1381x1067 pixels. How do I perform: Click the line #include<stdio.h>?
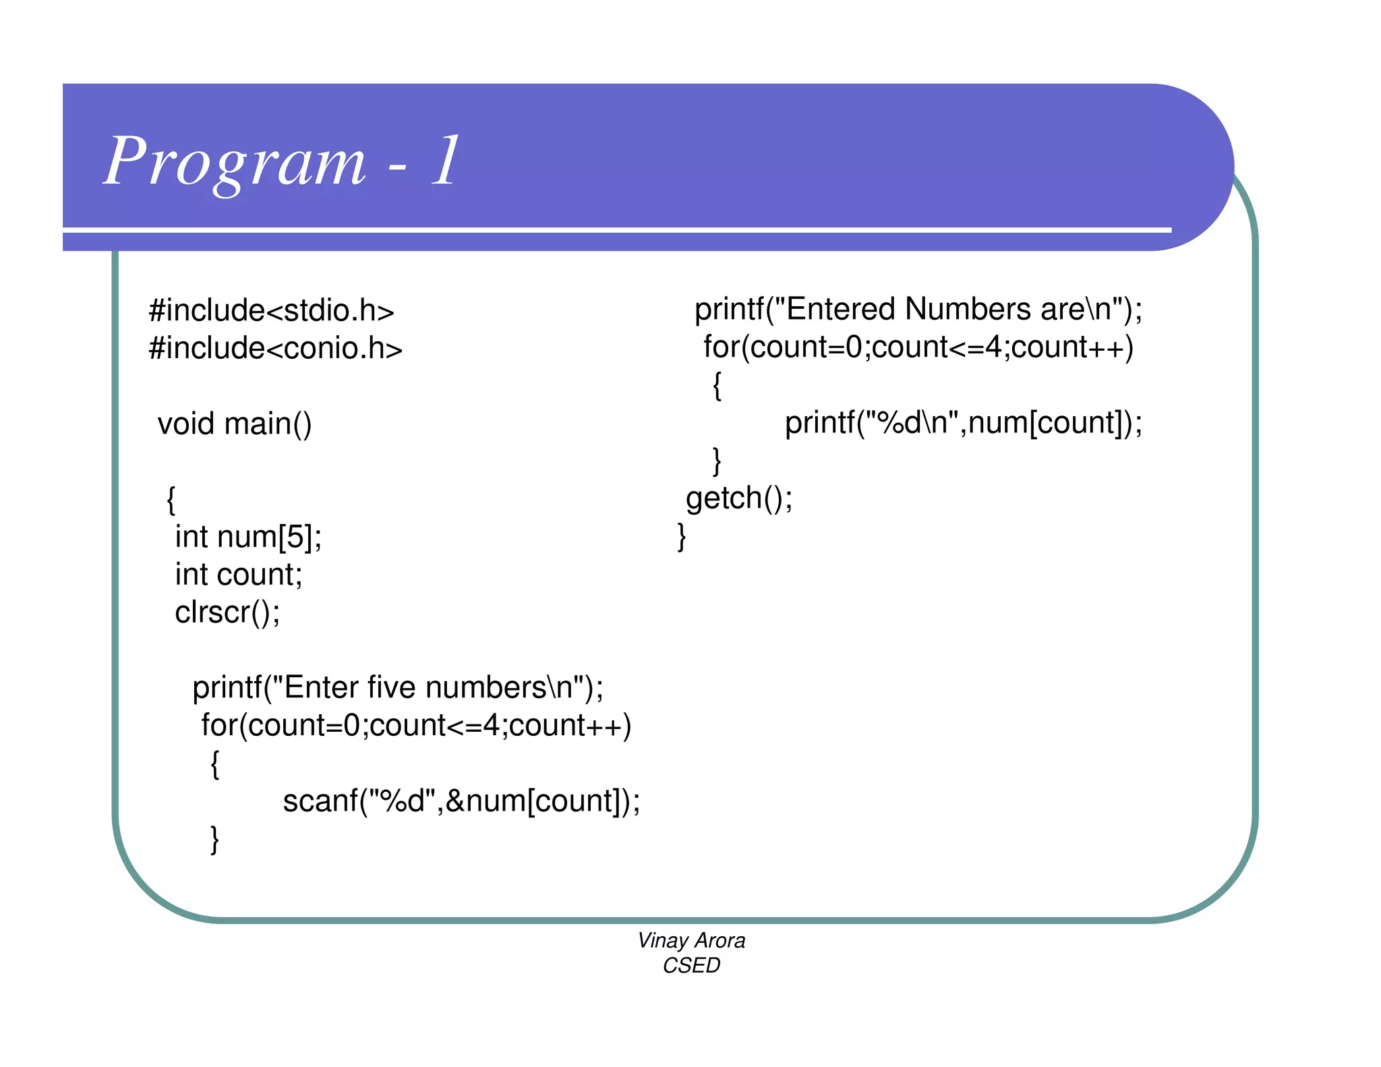tap(271, 310)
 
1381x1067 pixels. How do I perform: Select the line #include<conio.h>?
tap(275, 349)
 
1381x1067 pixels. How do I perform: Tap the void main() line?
tap(235, 424)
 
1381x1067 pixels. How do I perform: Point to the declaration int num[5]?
tap(248, 537)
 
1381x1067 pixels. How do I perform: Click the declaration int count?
tap(239, 575)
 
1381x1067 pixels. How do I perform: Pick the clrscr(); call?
tap(227, 612)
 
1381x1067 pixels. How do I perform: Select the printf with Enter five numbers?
tap(398, 688)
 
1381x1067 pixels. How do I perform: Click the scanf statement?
tap(461, 801)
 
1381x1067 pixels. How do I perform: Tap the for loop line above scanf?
tap(416, 726)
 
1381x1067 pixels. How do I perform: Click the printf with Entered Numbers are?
tap(918, 310)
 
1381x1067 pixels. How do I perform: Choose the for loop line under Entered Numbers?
tap(918, 347)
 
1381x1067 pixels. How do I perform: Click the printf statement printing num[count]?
tap(964, 423)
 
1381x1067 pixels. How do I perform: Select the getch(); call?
tap(739, 498)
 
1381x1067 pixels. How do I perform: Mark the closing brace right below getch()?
tap(682, 537)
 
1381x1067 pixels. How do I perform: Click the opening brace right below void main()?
tap(171, 500)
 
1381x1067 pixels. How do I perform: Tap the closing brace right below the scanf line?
tap(215, 840)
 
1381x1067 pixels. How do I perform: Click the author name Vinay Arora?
tap(691, 940)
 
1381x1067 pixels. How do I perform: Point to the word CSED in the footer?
tap(691, 966)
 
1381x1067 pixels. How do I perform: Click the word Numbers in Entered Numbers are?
tap(966, 310)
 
